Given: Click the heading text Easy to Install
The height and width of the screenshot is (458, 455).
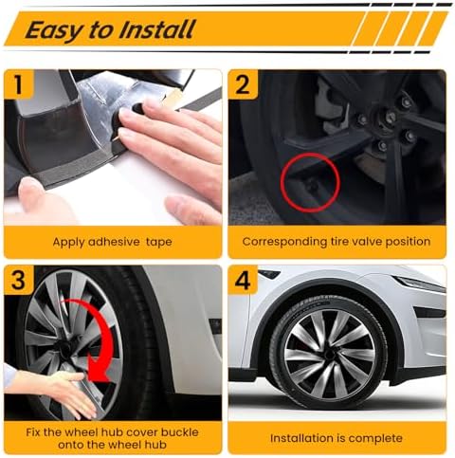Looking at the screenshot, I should tap(111, 28).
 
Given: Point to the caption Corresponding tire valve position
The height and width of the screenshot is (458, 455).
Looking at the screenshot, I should tap(336, 242).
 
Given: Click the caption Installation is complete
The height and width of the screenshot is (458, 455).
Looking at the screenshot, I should tap(336, 438).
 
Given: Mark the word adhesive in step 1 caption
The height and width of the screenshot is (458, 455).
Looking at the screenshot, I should tap(114, 242).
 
